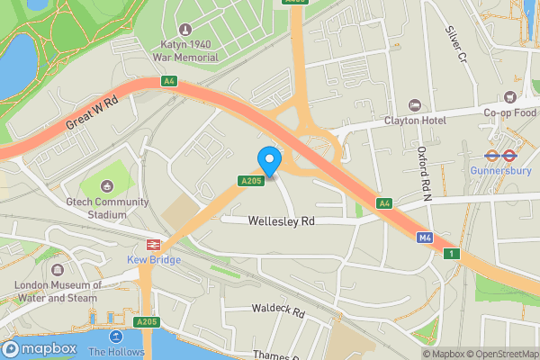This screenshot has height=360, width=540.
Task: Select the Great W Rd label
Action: (92, 115)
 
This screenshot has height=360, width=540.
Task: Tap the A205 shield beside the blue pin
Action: (250, 182)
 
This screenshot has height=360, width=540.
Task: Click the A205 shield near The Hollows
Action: (146, 321)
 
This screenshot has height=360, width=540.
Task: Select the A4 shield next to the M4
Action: (384, 203)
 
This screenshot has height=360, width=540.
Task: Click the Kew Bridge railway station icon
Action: (154, 244)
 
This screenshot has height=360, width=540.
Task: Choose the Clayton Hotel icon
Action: (414, 104)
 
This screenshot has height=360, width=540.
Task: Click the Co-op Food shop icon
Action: (509, 96)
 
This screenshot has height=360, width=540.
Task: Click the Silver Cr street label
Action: (455, 43)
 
